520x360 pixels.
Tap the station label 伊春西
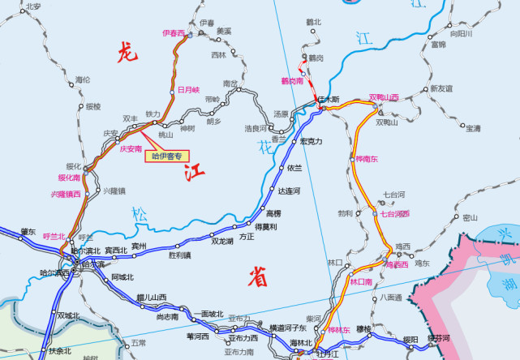pyautogui.click(x=174, y=33)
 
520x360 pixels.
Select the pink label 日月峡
pyautogui.click(x=188, y=89)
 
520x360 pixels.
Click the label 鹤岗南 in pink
pyautogui.click(x=292, y=80)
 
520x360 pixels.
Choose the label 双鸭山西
pyautogui.click(x=384, y=97)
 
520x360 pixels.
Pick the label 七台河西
pyautogui.click(x=395, y=213)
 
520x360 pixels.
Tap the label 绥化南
pyautogui.click(x=69, y=176)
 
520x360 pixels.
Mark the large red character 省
pyautogui.click(x=258, y=277)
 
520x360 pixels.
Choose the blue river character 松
pyautogui.click(x=140, y=215)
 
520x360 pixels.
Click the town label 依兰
pyautogui.click(x=294, y=168)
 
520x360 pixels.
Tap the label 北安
pyautogui.click(x=33, y=6)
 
